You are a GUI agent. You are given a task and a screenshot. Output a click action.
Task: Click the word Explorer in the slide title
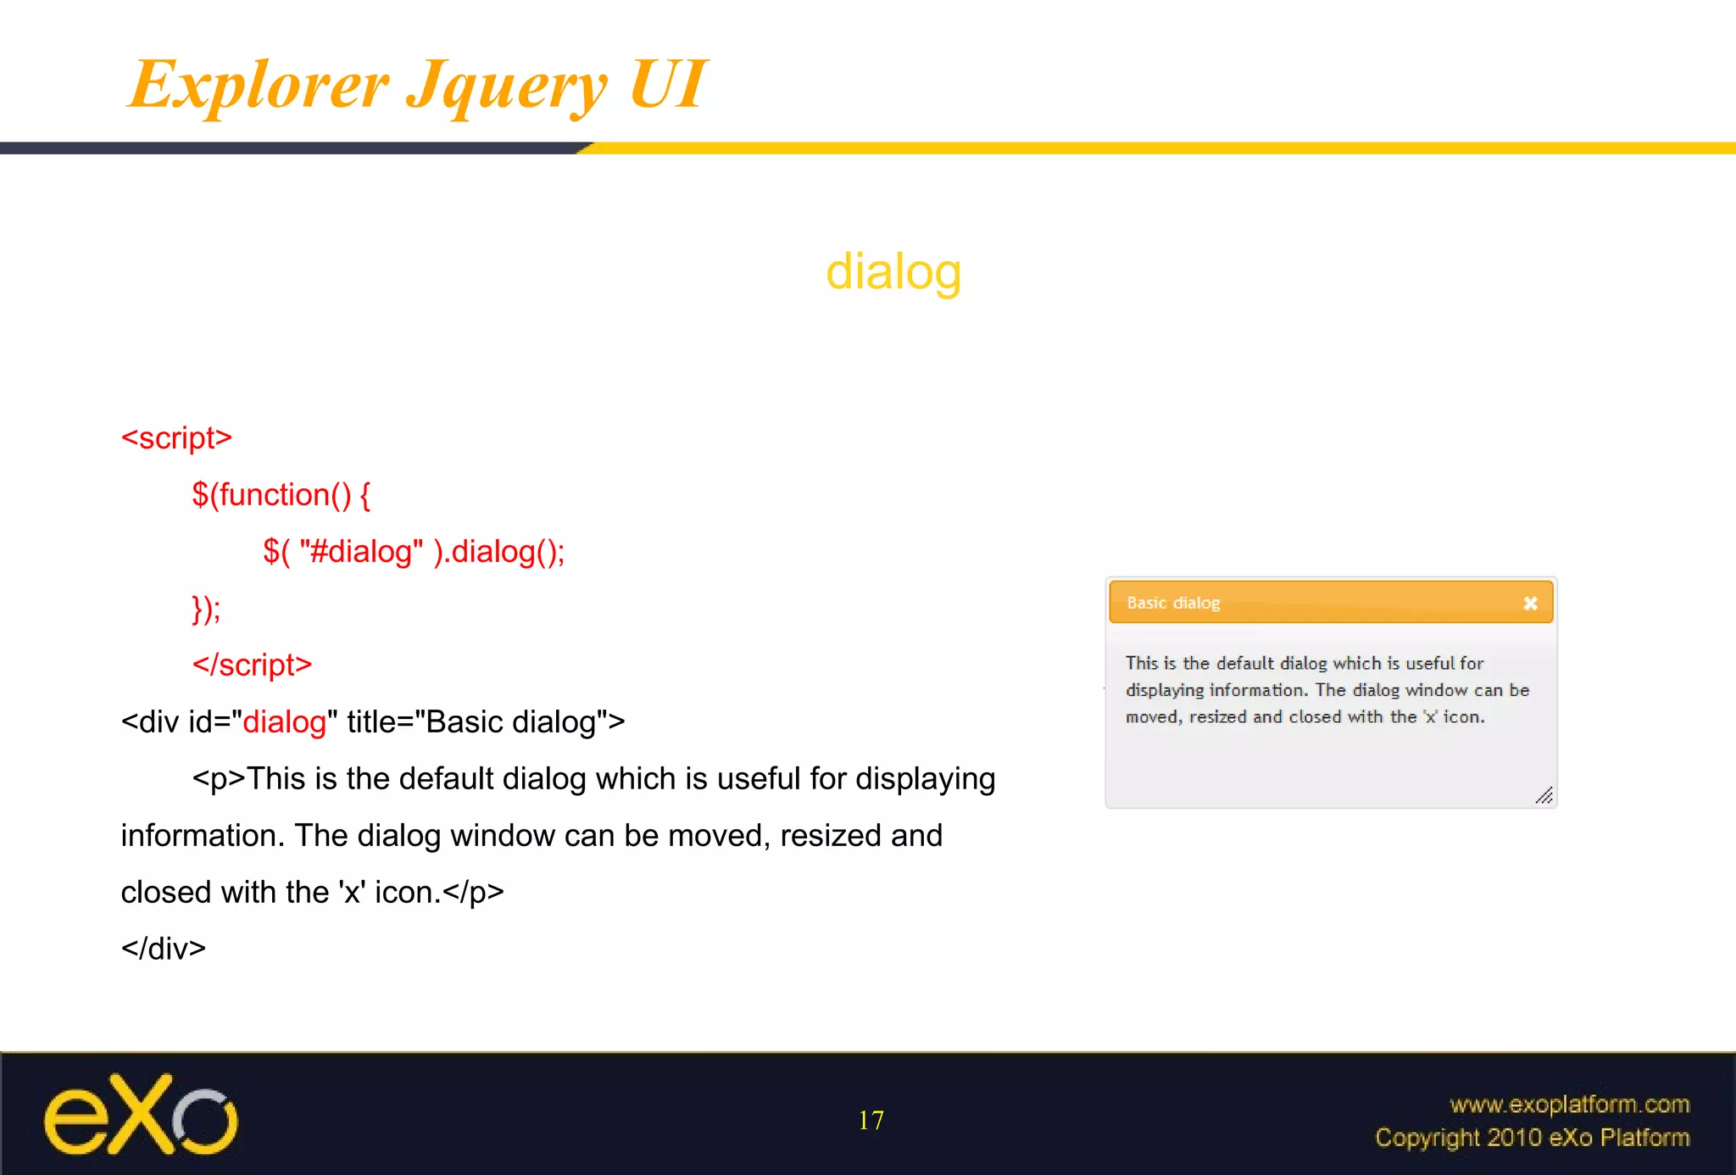pyautogui.click(x=259, y=85)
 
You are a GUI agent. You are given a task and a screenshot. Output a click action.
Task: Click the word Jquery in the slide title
pyautogui.click(x=507, y=85)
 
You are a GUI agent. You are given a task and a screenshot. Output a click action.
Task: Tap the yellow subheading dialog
pyautogui.click(x=893, y=272)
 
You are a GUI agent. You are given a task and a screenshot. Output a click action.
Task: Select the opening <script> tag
pyautogui.click(x=176, y=438)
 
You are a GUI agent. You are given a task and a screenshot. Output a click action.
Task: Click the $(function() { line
pyautogui.click(x=281, y=495)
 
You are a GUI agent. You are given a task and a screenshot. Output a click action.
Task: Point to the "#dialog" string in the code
pyautogui.click(x=361, y=552)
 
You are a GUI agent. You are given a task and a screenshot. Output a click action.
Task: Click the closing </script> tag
pyautogui.click(x=252, y=665)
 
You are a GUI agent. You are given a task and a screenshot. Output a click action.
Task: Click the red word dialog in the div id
pyautogui.click(x=284, y=722)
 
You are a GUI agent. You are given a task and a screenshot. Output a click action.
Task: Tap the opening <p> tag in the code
pyautogui.click(x=218, y=779)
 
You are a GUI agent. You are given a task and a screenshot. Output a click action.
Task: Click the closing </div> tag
pyautogui.click(x=163, y=949)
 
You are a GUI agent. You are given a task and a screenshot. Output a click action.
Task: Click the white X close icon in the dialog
pyautogui.click(x=1530, y=604)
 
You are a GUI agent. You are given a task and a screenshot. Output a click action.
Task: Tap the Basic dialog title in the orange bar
pyautogui.click(x=1173, y=603)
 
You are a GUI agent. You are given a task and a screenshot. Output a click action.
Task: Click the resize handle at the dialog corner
pyautogui.click(x=1544, y=795)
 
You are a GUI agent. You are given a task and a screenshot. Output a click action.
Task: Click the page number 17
pyautogui.click(x=871, y=1121)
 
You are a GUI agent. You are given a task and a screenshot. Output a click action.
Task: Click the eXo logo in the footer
pyautogui.click(x=141, y=1115)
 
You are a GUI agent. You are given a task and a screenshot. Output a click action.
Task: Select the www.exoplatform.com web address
pyautogui.click(x=1569, y=1104)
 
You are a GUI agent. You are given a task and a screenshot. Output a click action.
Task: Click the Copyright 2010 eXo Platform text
pyautogui.click(x=1532, y=1138)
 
